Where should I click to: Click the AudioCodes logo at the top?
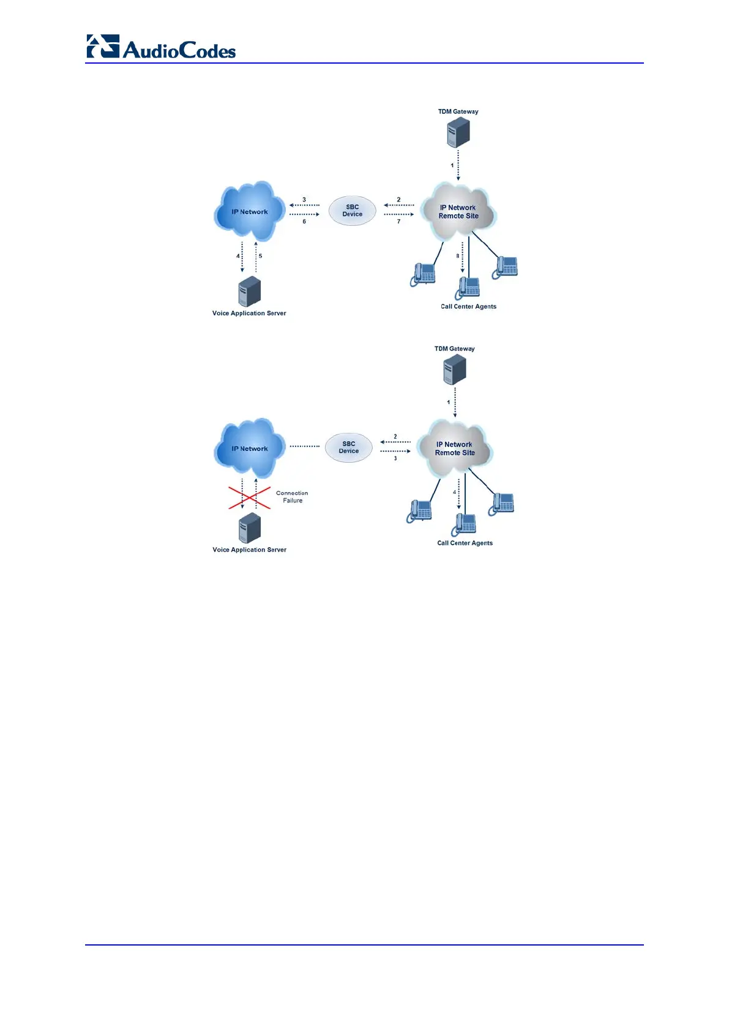click(161, 47)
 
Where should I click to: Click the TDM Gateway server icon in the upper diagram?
click(458, 132)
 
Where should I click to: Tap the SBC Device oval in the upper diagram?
click(352, 211)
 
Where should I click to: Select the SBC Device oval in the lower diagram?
click(348, 447)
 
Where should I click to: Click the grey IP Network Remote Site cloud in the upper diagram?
click(458, 212)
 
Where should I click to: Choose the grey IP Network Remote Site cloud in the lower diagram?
click(455, 449)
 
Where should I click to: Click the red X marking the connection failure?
click(249, 498)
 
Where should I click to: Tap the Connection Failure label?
click(292, 496)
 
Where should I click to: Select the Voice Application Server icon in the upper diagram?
click(249, 291)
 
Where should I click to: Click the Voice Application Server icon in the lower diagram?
click(249, 528)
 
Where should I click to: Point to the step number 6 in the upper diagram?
click(304, 222)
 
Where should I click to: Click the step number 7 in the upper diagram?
click(398, 222)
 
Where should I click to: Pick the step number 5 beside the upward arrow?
click(260, 256)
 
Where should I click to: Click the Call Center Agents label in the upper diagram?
click(468, 307)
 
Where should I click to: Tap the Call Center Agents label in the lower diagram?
click(465, 543)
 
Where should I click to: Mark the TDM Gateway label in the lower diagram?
click(454, 349)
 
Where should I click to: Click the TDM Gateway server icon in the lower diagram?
click(454, 370)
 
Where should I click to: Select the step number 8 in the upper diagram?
click(457, 256)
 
